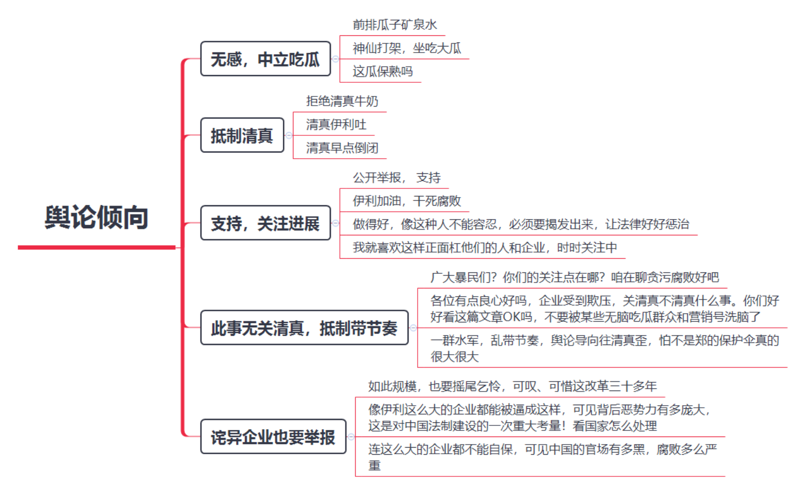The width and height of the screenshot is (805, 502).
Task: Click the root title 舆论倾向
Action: pyautogui.click(x=96, y=217)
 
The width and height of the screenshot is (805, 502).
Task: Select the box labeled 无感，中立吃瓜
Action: pyautogui.click(x=266, y=59)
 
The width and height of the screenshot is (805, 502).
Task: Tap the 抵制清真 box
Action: pyautogui.click(x=242, y=135)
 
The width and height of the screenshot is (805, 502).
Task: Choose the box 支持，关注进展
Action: pyautogui.click(x=266, y=223)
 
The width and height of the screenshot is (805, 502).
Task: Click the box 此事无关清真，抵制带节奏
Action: pyautogui.click(x=304, y=328)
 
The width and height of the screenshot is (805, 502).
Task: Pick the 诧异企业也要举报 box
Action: pyautogui.click(x=273, y=437)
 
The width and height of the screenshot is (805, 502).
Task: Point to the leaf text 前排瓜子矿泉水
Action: pyautogui.click(x=395, y=25)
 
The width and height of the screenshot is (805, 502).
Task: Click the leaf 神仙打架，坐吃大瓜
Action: pyautogui.click(x=407, y=48)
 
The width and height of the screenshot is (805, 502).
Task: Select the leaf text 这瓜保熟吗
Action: pyautogui.click(x=383, y=71)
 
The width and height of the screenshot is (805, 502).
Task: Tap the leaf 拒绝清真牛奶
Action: pyautogui.click(x=342, y=101)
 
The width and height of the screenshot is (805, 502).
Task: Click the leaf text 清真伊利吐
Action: pyautogui.click(x=336, y=124)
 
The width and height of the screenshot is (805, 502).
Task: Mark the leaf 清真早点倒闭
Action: pyautogui.click(x=342, y=148)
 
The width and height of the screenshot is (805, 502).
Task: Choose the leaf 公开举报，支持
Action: pyautogui.click(x=397, y=178)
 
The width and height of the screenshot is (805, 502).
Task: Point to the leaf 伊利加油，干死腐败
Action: pyautogui.click(x=407, y=201)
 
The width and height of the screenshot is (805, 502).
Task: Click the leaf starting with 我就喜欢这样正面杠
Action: pyautogui.click(x=485, y=248)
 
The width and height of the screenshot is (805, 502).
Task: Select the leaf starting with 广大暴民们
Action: pyautogui.click(x=575, y=277)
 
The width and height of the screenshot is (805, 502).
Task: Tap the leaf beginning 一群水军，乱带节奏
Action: pyautogui.click(x=605, y=348)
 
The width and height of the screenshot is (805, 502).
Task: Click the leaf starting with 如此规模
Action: pyautogui.click(x=513, y=387)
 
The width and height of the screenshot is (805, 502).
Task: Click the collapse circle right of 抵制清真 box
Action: pyautogui.click(x=289, y=135)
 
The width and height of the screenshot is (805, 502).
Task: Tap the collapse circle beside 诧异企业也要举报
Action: pyautogui.click(x=351, y=437)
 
